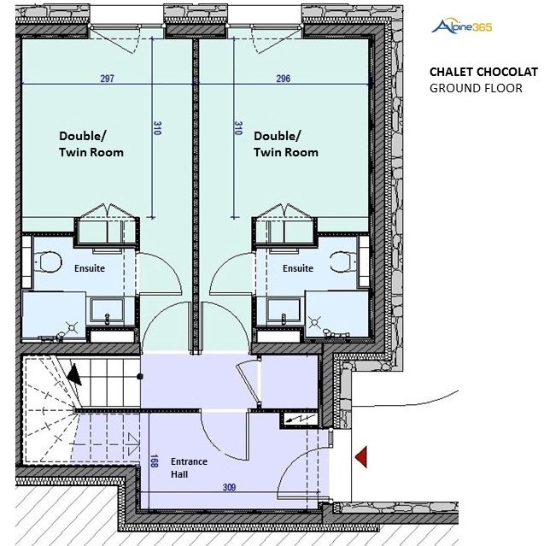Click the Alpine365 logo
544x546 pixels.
click(461, 26)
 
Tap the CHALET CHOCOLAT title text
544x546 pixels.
click(483, 72)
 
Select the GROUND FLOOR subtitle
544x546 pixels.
click(476, 88)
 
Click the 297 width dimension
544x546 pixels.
click(107, 79)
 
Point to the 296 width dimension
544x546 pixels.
click(283, 79)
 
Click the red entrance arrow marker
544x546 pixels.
click(361, 457)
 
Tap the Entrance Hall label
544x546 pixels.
click(189, 467)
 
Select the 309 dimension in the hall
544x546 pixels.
click(229, 487)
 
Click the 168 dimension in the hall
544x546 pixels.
click(155, 461)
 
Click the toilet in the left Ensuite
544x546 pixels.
click(48, 261)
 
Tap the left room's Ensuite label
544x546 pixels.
click(90, 268)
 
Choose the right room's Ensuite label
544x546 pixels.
click(298, 268)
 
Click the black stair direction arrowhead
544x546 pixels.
click(74, 375)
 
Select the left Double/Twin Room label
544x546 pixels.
click(91, 144)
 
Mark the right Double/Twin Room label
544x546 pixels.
click(286, 144)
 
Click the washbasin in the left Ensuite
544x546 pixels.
click(107, 311)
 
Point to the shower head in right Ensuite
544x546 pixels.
click(314, 322)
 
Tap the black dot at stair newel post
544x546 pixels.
click(140, 377)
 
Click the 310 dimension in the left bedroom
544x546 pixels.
click(157, 128)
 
